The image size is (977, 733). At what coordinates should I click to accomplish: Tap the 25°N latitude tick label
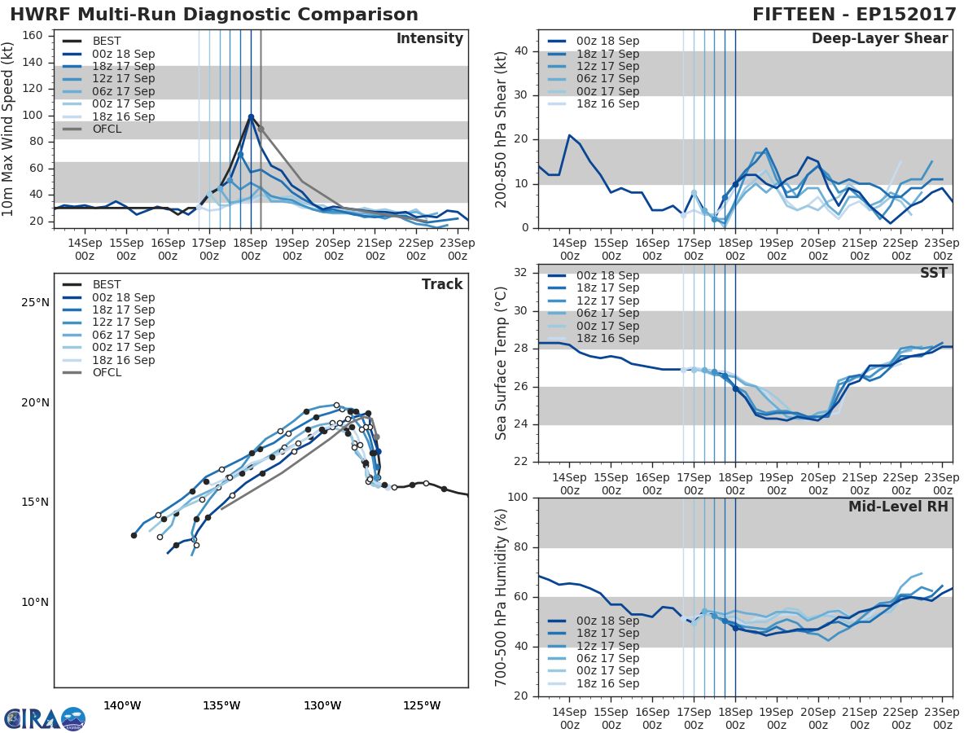(x=36, y=303)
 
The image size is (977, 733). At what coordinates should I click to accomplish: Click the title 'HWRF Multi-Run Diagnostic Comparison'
(x=214, y=15)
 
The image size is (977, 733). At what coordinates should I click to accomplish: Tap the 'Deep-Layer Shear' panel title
(x=879, y=39)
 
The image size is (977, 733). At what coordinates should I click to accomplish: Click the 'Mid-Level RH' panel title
(x=898, y=507)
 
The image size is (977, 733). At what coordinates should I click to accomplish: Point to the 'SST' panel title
(x=934, y=273)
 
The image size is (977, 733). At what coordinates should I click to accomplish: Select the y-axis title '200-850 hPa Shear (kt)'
(x=502, y=129)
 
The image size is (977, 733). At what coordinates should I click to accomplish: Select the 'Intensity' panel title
(x=429, y=39)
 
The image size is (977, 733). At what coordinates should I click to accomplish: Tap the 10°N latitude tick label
(x=36, y=603)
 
